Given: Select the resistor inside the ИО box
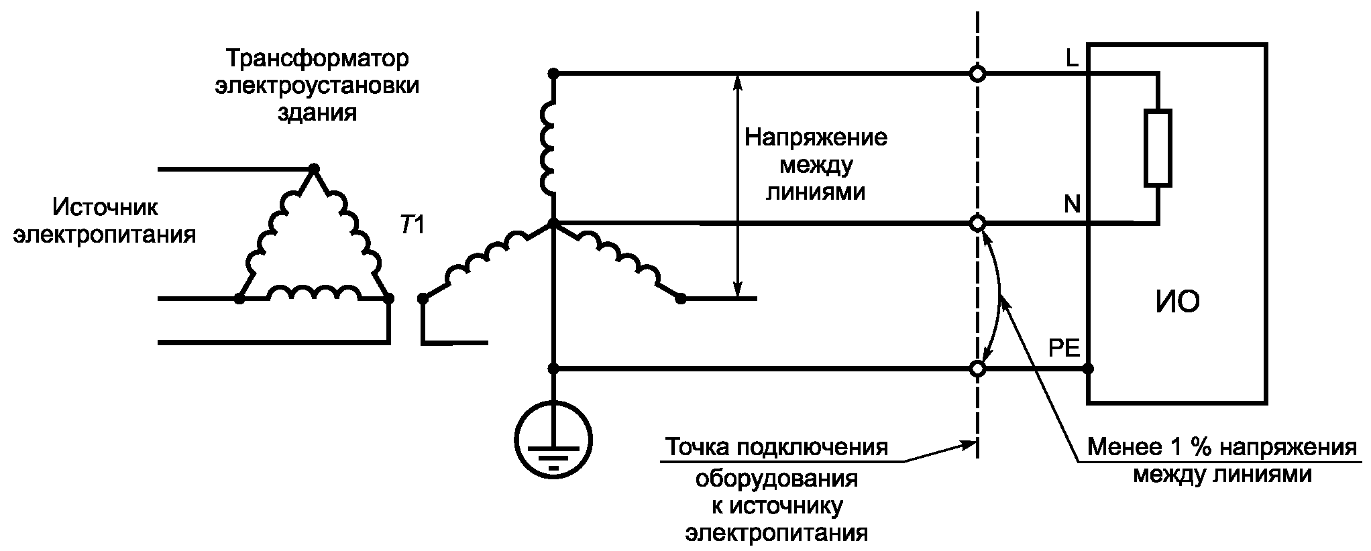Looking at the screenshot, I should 1158,147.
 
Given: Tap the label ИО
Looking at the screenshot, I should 1178,302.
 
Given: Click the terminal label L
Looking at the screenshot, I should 1072,59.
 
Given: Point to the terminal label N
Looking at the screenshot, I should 1072,204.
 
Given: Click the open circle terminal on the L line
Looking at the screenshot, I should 978,74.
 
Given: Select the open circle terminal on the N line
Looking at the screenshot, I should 978,223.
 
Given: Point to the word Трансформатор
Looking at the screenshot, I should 317,59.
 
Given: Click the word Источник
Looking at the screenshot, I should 106,207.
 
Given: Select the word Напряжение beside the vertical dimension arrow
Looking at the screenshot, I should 816,138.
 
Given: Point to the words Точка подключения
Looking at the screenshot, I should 777,447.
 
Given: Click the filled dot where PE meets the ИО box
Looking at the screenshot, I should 1088,369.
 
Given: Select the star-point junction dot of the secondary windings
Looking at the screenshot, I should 553,223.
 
